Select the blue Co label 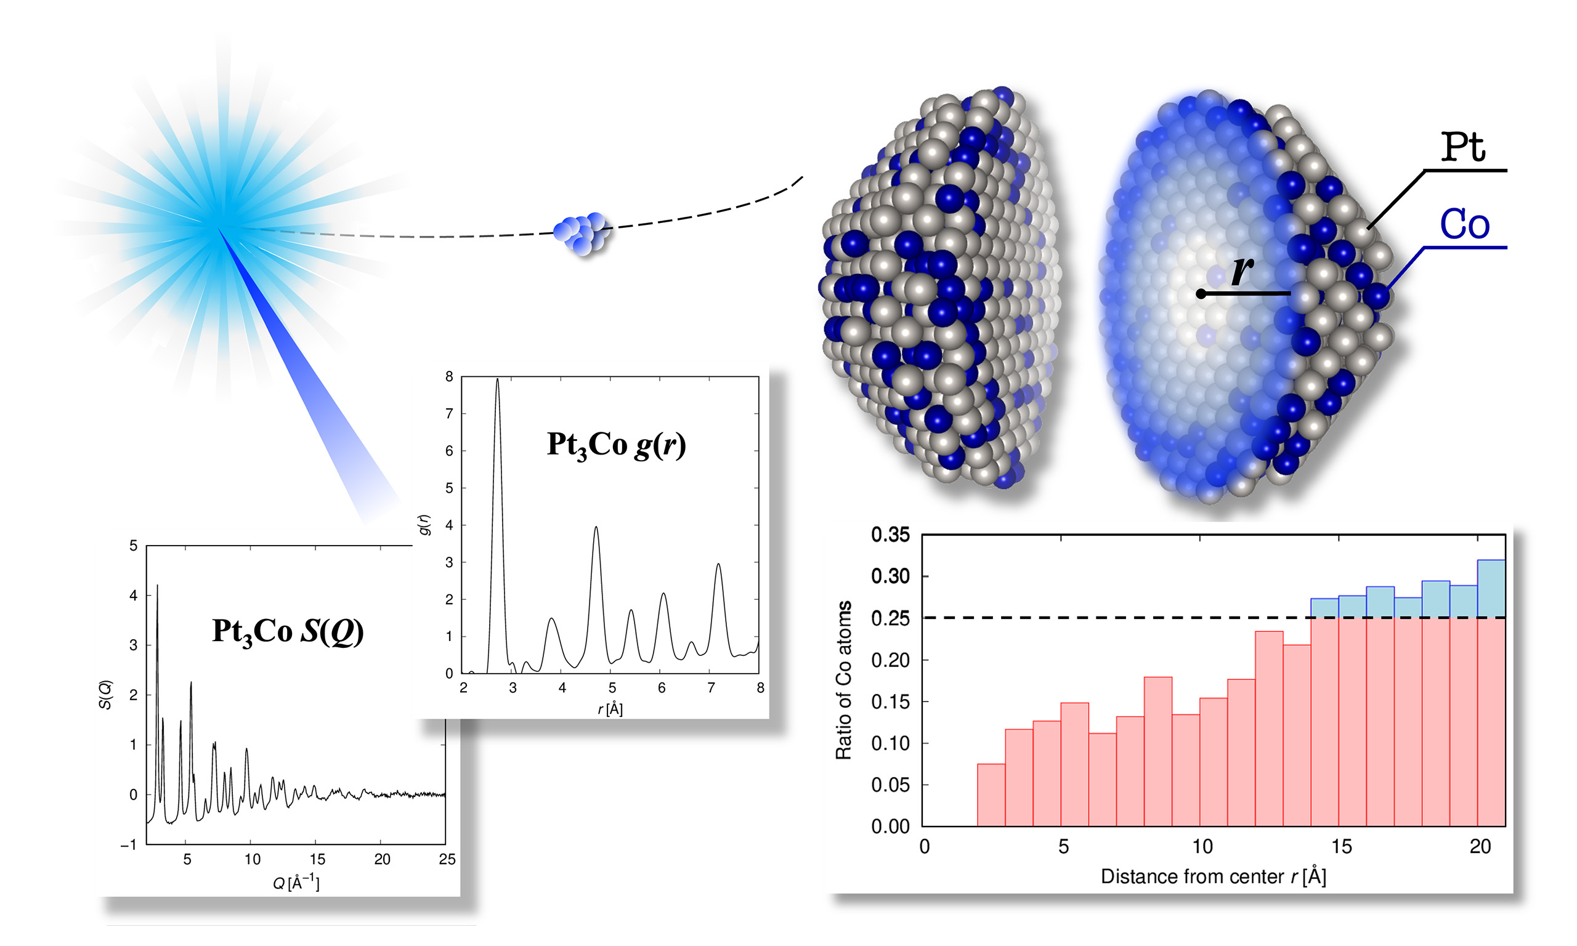tap(1464, 224)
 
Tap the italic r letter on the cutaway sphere tap(1242, 269)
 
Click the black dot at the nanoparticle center tap(1201, 294)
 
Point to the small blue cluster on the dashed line tap(582, 233)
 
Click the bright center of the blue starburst tap(219, 228)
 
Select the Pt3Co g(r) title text tap(616, 444)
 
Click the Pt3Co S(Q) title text tap(288, 631)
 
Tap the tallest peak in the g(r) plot tap(497, 381)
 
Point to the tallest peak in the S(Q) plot tap(158, 586)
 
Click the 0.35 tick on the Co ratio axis tap(890, 535)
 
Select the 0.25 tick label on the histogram tap(890, 618)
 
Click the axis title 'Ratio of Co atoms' tap(843, 679)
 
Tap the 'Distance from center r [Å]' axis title tap(1213, 876)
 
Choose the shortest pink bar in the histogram tap(991, 794)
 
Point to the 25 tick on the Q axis tap(447, 859)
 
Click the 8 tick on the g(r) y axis tap(450, 377)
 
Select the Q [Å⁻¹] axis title tap(296, 883)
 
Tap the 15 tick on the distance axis tap(1340, 847)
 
